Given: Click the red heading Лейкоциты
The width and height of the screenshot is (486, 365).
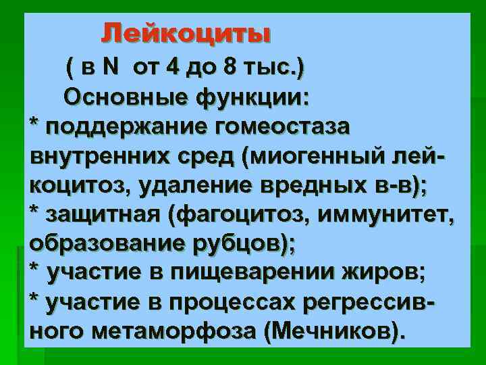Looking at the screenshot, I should pos(186,33).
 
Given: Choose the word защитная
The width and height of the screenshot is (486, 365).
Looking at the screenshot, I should pos(104,214).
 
